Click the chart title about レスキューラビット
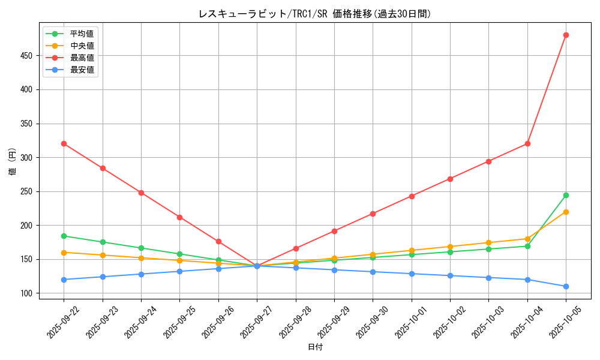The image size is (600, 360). pyautogui.click(x=314, y=14)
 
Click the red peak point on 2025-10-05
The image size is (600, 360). pyautogui.click(x=566, y=35)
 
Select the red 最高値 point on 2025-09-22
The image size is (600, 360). pyautogui.click(x=64, y=144)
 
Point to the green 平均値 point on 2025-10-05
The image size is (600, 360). pyautogui.click(x=566, y=195)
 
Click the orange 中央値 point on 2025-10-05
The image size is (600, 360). pyautogui.click(x=566, y=212)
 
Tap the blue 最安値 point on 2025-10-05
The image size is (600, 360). pyautogui.click(x=566, y=286)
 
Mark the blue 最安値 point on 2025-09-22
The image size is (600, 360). pyautogui.click(x=64, y=280)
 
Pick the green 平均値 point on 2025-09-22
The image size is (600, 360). pyautogui.click(x=64, y=236)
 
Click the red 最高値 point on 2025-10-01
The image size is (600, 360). pyautogui.click(x=412, y=196)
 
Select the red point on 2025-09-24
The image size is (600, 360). pyautogui.click(x=141, y=193)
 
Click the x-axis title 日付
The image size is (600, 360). pyautogui.click(x=315, y=347)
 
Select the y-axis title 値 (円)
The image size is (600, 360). pyautogui.click(x=13, y=161)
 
